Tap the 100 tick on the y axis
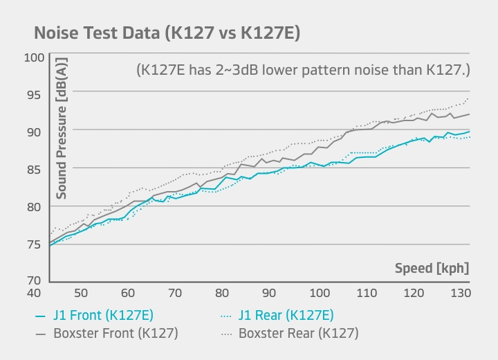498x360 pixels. [34, 57]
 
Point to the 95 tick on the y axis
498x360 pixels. [34, 94]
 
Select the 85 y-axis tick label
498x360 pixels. [34, 169]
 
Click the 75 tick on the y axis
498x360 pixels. [34, 244]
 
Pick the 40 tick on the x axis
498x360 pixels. [34, 292]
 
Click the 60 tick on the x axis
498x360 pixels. [127, 292]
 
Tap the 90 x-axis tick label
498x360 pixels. [270, 292]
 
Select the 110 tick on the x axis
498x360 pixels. [366, 292]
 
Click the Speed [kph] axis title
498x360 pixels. [432, 268]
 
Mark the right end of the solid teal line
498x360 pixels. [470, 132]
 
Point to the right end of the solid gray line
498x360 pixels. [470, 114]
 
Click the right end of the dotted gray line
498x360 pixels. [470, 98]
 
